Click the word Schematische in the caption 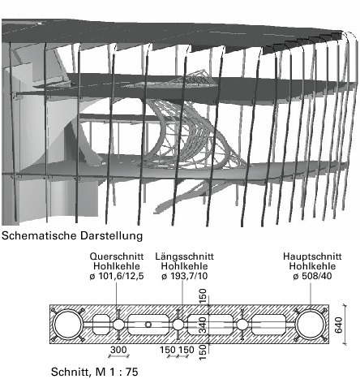coord(39,235)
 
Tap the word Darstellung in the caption coord(111,235)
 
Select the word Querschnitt coord(117,256)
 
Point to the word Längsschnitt coord(184,256)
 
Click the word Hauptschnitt coord(312,256)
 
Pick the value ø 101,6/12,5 coord(117,276)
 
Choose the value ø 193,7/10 coord(185,276)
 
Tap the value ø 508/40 coord(312,276)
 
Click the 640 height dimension coord(339,325)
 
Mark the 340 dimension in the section coord(203,325)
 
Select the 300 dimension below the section coord(118,350)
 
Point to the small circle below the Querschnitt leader coord(118,319)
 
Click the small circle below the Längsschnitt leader coord(178,319)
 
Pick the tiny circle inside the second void coord(148,325)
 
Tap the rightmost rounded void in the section coord(269,325)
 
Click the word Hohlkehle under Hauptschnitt coord(312,266)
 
